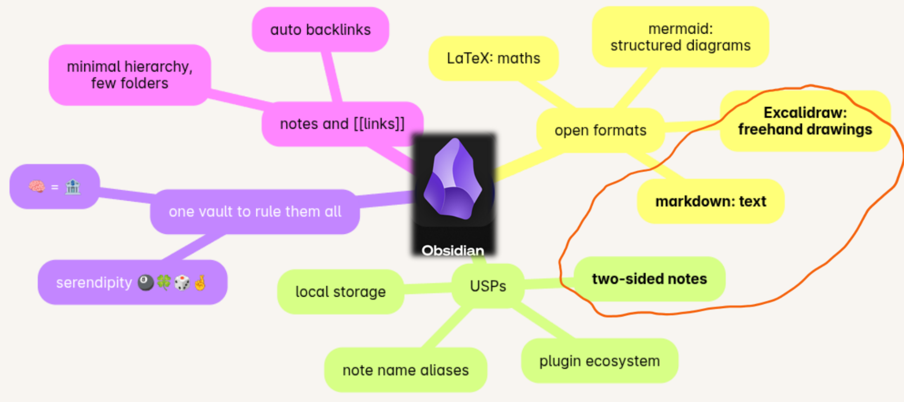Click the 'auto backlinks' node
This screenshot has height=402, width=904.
(x=320, y=30)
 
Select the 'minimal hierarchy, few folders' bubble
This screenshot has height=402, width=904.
(x=130, y=75)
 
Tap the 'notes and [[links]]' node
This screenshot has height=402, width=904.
(x=342, y=124)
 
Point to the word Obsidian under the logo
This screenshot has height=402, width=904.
(x=453, y=250)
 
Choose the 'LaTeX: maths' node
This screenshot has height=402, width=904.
(x=493, y=58)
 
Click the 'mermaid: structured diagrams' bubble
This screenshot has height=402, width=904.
(x=680, y=37)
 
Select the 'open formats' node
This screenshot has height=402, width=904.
(x=600, y=130)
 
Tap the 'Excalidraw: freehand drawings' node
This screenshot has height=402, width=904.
(x=805, y=121)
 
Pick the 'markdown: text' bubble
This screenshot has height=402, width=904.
(x=710, y=201)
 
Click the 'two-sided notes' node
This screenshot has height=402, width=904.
(x=649, y=279)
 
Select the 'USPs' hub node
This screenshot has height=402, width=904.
(x=488, y=286)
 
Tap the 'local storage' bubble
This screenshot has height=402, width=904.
(x=340, y=292)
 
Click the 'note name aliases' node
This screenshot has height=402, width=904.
(x=405, y=370)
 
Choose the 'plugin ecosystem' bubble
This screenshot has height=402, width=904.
(x=599, y=361)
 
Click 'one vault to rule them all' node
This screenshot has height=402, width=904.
(x=254, y=212)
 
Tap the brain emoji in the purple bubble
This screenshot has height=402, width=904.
(x=37, y=187)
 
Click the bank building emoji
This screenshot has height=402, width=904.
(x=73, y=187)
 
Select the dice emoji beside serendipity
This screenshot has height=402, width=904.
(x=182, y=283)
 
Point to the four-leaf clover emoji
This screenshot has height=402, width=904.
(x=164, y=283)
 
